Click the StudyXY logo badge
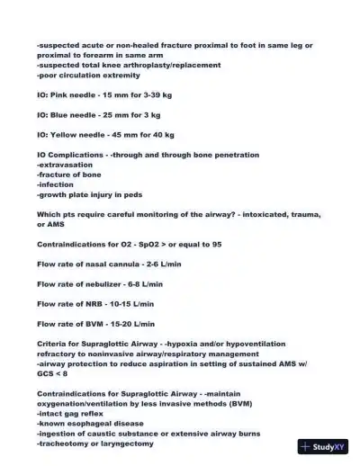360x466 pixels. (x=325, y=446)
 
